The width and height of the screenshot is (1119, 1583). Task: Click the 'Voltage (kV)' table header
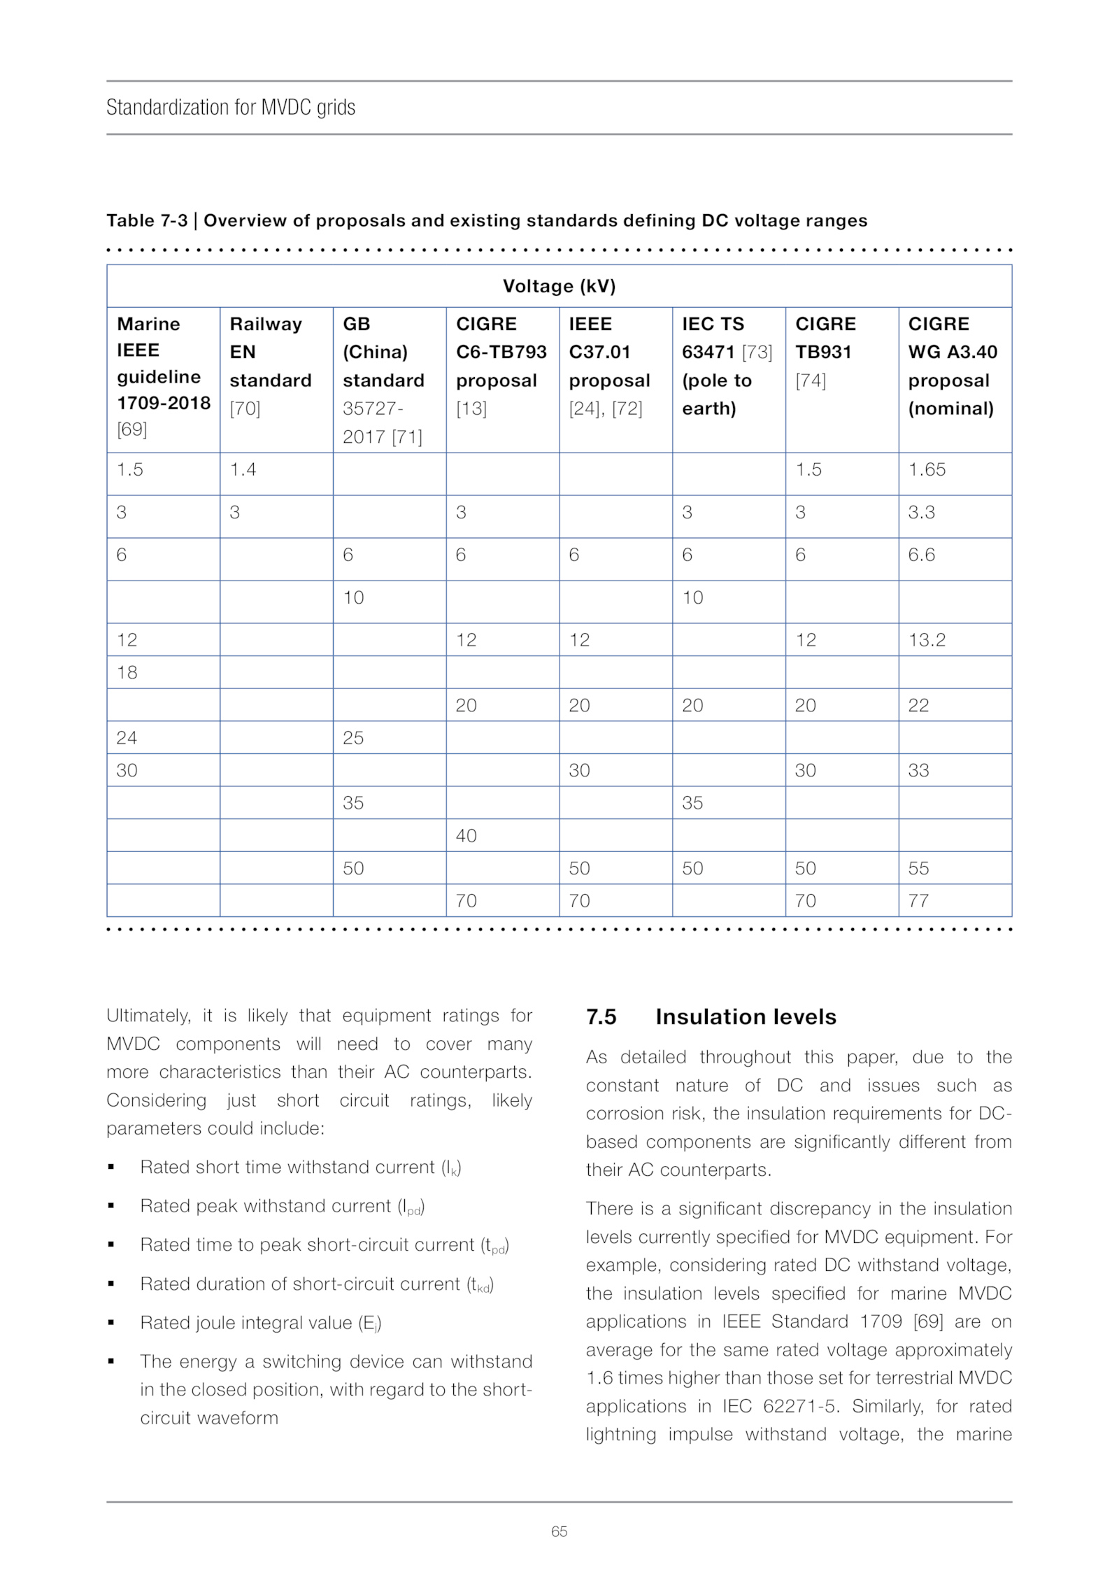click(x=559, y=286)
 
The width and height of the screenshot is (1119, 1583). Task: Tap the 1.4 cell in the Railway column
click(x=243, y=469)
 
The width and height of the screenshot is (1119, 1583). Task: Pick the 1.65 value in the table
click(x=927, y=469)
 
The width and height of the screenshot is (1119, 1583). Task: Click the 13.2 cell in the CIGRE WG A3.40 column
click(x=927, y=639)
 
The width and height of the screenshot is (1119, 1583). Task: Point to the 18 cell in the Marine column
click(x=127, y=672)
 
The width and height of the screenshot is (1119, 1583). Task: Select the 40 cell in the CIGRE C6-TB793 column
click(x=466, y=835)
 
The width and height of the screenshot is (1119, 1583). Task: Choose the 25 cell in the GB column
click(x=353, y=737)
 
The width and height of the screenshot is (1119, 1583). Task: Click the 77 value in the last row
click(x=918, y=900)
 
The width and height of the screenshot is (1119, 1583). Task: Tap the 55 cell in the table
click(x=918, y=868)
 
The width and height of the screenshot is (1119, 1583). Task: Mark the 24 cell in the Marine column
click(x=127, y=737)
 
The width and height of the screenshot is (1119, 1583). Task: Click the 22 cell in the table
click(x=918, y=705)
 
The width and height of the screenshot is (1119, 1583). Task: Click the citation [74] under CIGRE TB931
click(x=811, y=381)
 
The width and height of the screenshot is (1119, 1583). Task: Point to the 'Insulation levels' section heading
click(x=746, y=1016)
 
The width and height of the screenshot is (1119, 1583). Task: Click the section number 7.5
click(x=601, y=1016)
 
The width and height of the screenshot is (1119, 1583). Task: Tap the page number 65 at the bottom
click(x=559, y=1531)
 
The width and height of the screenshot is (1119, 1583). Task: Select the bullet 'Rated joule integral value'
click(x=260, y=1323)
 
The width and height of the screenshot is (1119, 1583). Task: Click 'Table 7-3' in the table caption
click(x=147, y=220)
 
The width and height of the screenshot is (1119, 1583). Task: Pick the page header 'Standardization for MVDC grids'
click(x=231, y=107)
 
